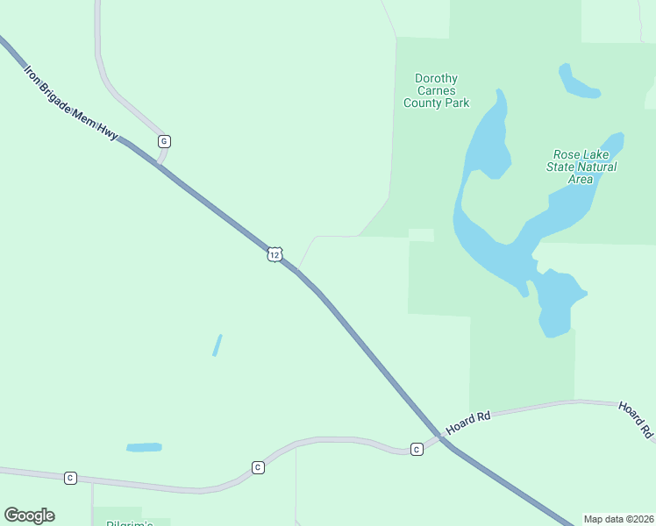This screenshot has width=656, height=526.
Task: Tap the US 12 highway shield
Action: point(275,254)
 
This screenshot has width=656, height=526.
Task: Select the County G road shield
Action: point(164,141)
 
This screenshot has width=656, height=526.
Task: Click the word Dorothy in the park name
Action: point(436,79)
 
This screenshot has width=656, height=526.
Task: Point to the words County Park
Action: point(436,103)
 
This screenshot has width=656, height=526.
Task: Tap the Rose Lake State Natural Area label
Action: point(581,167)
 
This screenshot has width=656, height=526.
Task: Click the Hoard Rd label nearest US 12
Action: point(467,423)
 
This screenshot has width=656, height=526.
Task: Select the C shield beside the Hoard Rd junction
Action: point(417,449)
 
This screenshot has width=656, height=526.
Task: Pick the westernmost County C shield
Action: point(70,478)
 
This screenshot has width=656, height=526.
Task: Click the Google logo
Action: point(29,515)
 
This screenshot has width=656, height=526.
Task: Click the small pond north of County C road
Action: point(144,447)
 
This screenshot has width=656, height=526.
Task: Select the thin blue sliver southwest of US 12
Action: point(217,345)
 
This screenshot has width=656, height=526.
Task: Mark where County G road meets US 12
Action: point(159,164)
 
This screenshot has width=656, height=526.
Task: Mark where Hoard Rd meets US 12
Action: point(441,438)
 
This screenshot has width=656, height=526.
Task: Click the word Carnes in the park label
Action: point(436,91)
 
